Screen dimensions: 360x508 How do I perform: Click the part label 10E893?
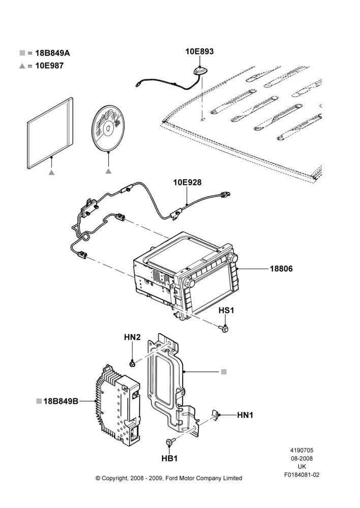coord(199,51)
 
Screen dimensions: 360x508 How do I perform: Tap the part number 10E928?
coord(187,182)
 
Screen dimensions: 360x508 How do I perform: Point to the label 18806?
coord(281,269)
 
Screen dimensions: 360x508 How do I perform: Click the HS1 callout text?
coord(226,310)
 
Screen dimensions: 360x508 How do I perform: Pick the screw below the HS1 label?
coord(224,329)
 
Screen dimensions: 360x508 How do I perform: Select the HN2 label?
coord(132,337)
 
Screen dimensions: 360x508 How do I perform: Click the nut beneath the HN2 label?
coord(132,364)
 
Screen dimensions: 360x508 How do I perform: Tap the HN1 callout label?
coord(245,415)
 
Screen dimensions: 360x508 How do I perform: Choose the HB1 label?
coord(169,458)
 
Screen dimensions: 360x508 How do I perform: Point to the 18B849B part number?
coord(61,401)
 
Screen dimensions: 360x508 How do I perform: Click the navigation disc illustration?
coord(108,128)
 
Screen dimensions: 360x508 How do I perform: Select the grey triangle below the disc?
coord(108,171)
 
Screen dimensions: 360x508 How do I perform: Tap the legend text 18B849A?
coord(52,53)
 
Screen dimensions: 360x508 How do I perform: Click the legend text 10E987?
coord(49,66)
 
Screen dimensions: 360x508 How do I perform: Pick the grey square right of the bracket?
coord(224,372)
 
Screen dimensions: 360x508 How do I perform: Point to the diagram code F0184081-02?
coord(302,475)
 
